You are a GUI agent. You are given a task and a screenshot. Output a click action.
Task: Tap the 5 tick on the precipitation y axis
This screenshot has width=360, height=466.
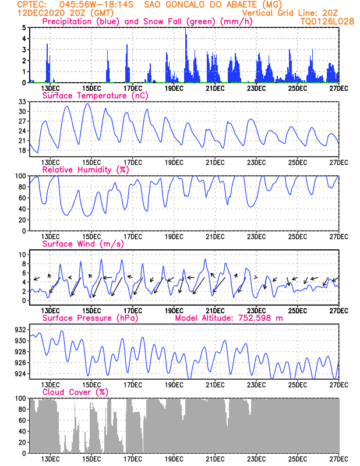point(24,27)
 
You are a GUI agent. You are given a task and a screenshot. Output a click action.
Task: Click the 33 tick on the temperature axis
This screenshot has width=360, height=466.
point(22,102)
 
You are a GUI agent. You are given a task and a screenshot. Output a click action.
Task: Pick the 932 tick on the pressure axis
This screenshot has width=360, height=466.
point(20,330)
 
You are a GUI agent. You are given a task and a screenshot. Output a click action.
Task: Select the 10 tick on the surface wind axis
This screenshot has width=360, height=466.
point(22,255)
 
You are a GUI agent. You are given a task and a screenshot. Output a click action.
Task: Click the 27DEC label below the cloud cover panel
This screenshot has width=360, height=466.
point(338,460)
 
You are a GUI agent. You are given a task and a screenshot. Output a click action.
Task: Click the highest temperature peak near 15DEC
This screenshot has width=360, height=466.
point(87,104)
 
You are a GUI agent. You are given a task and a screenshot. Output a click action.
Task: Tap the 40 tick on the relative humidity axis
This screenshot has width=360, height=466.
point(22,209)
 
